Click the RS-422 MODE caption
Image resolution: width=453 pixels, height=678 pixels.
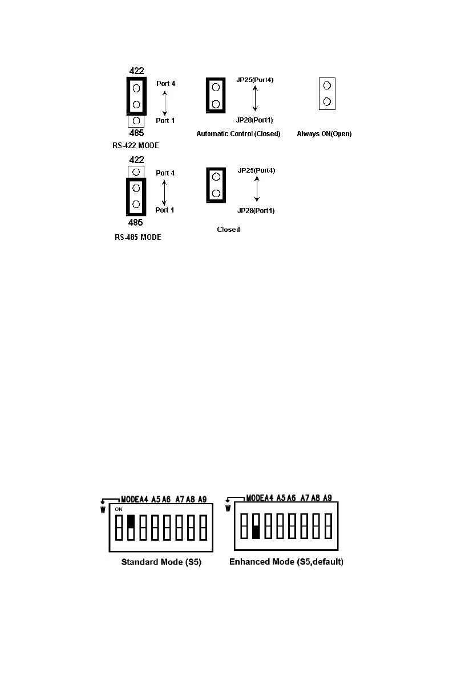click(136, 145)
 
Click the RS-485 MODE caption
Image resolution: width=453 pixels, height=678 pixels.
click(137, 237)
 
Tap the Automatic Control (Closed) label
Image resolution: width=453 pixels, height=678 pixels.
click(238, 134)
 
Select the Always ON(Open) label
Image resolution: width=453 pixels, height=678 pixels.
click(324, 134)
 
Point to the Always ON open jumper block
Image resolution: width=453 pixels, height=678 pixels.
click(327, 93)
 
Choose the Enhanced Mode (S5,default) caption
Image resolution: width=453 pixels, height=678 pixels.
click(286, 562)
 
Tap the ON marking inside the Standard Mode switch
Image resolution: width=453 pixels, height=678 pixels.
click(119, 508)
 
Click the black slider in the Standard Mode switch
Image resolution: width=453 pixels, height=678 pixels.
click(131, 521)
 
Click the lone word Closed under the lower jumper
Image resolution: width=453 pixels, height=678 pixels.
click(228, 229)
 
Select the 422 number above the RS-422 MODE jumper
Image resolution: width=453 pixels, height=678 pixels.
click(136, 72)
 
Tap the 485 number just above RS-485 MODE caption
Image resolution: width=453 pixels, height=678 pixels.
click(136, 222)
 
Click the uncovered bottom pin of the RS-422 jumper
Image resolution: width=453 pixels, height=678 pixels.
click(136, 121)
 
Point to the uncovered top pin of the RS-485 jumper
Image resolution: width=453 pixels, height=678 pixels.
click(136, 171)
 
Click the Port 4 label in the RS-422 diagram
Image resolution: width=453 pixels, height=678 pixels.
click(165, 83)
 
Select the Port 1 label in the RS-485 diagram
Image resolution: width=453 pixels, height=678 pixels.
click(165, 210)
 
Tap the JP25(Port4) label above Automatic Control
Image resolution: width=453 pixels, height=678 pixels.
click(255, 80)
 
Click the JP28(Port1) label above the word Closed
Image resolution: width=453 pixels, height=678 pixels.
click(255, 211)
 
